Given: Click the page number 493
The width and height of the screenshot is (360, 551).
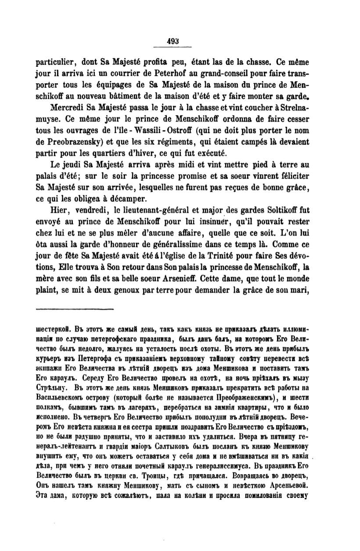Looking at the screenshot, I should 172,41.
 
